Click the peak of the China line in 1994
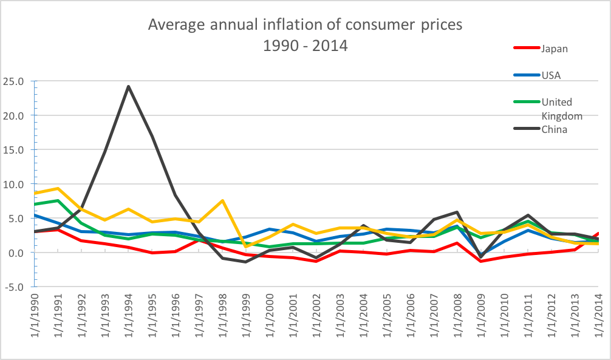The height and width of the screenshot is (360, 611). point(129,86)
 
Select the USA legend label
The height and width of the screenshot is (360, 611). point(552,75)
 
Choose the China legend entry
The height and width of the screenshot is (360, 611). point(553,129)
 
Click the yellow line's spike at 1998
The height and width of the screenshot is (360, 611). point(223,200)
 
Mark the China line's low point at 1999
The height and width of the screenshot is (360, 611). point(246,262)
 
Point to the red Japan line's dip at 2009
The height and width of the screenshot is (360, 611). point(481,261)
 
